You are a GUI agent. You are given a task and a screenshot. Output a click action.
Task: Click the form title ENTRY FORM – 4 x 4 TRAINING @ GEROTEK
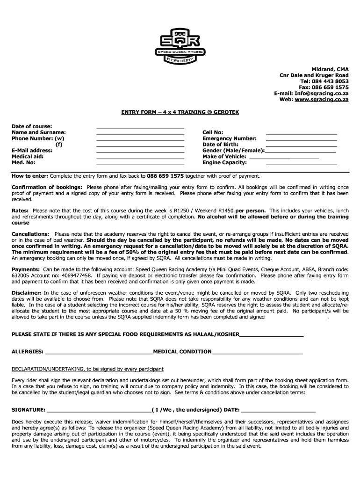[180, 113]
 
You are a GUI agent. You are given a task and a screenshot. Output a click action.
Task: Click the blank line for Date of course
[140, 127]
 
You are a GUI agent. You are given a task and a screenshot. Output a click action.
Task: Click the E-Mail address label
[32, 151]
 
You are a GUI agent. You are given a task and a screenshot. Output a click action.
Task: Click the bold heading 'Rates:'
[21, 210]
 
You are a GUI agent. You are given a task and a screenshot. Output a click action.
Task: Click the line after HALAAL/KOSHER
[271, 335]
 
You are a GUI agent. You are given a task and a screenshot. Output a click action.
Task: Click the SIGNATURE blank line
[99, 410]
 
